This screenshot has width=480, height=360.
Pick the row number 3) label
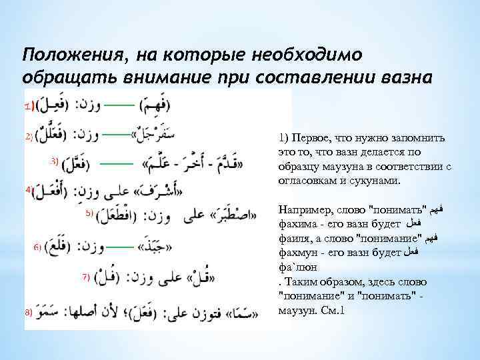(55, 161)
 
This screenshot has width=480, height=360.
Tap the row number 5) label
(89, 214)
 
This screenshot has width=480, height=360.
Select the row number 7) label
(86, 275)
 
